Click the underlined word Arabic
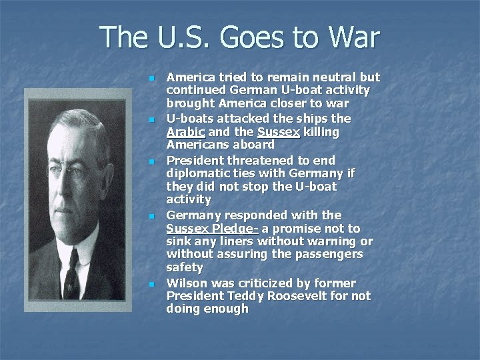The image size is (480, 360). pos(185,132)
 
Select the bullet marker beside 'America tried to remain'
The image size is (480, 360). pos(152,79)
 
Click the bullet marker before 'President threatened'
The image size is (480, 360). pos(152,161)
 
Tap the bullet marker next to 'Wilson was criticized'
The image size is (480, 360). pos(152,284)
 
